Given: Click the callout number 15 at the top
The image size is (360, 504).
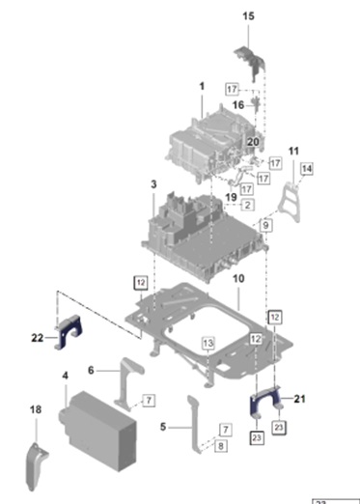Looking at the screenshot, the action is pos(248,16).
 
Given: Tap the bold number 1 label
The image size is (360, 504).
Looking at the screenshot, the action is pos(202,86).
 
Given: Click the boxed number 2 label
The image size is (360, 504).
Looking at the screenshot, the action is pos(247,205).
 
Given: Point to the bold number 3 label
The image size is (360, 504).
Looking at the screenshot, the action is pos(153,184).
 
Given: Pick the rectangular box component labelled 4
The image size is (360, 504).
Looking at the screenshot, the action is pos(97,431).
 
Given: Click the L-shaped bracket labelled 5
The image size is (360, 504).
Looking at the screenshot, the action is pos(195,424).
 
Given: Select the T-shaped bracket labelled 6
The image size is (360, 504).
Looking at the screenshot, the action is pos(132,384).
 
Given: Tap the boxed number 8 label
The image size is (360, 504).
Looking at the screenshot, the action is pos(221,446).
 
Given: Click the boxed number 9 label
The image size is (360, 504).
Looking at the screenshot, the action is pos(265,225).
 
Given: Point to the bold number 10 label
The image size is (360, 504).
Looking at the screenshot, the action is pos(238,279).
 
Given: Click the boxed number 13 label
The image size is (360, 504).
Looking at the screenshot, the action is pos(208,344).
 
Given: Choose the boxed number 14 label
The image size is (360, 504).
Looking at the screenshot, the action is pos(307,169).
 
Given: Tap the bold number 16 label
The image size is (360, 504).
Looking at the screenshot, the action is pos(238,105).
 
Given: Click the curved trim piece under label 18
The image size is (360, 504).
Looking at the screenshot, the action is pos(37,467).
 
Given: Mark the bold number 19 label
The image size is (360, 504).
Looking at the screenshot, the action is pos(231,197).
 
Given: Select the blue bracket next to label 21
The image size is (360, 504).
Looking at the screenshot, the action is pos(265,402).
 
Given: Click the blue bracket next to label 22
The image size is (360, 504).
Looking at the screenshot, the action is pos(69,331).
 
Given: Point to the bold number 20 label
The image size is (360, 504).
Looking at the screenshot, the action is pos(253,142).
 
